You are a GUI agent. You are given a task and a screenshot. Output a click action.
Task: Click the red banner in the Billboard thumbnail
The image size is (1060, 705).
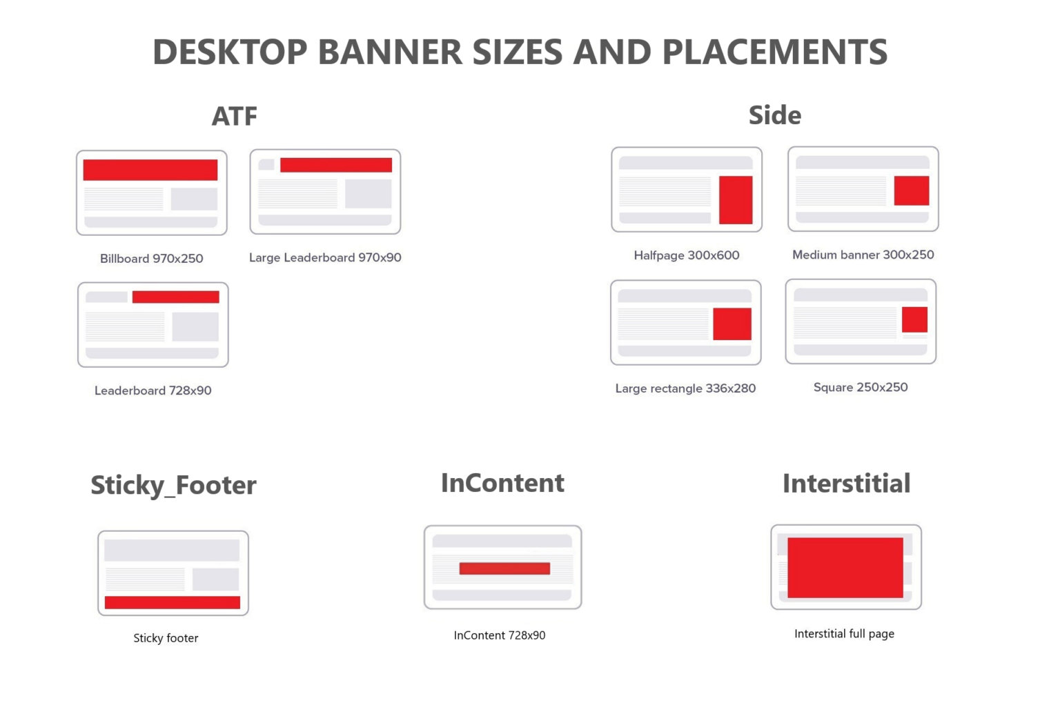(150, 170)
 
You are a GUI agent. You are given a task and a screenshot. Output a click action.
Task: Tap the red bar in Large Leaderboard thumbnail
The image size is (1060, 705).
(336, 165)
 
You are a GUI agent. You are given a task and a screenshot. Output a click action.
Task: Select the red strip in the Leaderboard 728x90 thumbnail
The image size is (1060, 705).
(176, 297)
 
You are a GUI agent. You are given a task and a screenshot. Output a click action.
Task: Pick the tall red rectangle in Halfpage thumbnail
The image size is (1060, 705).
(736, 199)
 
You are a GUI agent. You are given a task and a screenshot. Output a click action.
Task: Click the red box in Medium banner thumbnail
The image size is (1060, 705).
(912, 190)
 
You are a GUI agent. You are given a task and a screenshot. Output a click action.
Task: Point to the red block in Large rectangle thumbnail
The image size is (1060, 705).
(732, 324)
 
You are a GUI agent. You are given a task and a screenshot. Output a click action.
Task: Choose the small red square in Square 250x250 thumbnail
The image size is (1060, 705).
(914, 319)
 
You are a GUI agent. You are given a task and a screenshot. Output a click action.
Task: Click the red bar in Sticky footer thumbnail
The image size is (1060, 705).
(173, 602)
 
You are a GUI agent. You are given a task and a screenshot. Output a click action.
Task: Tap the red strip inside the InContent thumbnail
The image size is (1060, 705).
(504, 568)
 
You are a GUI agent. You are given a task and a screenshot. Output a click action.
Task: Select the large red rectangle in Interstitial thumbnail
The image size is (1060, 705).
(845, 568)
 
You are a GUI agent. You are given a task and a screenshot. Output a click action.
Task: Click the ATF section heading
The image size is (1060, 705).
(235, 116)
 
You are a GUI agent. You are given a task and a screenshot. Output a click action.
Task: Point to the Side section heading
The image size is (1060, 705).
(775, 115)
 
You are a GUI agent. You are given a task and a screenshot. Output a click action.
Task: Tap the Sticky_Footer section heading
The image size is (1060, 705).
(173, 485)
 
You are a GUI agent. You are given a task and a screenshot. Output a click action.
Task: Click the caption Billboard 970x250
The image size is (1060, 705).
(152, 259)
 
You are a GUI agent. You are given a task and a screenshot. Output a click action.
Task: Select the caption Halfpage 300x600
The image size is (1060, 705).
(687, 255)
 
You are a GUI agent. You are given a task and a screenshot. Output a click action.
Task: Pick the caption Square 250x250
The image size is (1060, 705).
(861, 388)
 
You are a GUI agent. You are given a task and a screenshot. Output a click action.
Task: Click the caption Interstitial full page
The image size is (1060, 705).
(844, 634)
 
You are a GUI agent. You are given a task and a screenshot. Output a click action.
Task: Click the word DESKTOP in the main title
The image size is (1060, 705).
(230, 52)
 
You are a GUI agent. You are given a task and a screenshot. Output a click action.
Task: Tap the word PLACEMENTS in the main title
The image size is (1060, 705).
(774, 52)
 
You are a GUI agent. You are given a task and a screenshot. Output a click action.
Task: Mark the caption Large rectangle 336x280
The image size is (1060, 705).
(685, 388)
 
